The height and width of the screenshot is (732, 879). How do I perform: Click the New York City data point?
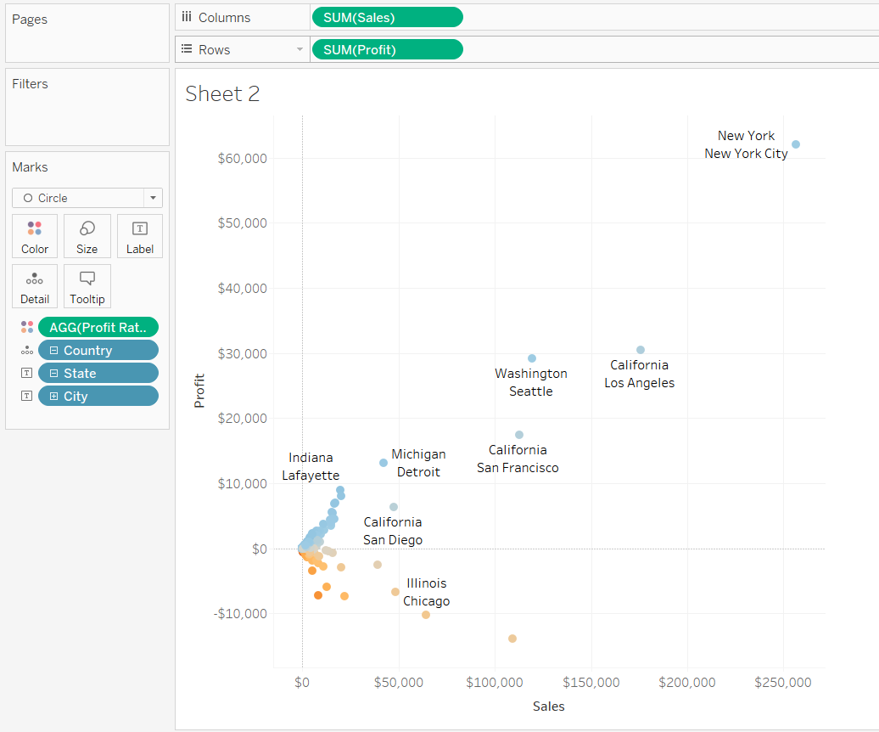click(x=796, y=144)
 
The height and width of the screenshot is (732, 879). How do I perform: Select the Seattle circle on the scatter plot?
click(x=532, y=358)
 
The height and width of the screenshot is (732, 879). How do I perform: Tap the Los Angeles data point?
click(x=641, y=350)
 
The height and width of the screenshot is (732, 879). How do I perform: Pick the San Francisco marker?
click(x=519, y=435)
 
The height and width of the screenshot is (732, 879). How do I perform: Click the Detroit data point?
click(x=384, y=463)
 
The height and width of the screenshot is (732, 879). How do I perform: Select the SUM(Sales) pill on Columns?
click(x=387, y=17)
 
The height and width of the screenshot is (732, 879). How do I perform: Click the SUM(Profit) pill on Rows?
click(x=387, y=49)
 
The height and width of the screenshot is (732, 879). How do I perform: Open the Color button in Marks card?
click(x=35, y=236)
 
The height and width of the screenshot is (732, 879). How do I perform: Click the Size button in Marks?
click(x=87, y=236)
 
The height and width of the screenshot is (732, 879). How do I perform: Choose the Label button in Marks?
click(x=140, y=236)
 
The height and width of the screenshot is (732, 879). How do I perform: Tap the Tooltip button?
click(x=87, y=286)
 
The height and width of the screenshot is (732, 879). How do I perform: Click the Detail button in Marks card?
click(x=35, y=286)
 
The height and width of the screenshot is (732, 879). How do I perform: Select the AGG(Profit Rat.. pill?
click(x=98, y=327)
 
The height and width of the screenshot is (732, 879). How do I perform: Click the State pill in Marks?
click(x=98, y=373)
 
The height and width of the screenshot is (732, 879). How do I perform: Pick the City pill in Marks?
click(x=98, y=396)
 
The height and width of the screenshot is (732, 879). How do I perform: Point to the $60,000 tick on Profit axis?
click(x=242, y=158)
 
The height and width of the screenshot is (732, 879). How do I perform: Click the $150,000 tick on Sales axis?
click(x=591, y=682)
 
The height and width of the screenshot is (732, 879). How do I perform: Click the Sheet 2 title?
click(x=222, y=93)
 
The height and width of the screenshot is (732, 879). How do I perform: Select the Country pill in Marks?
click(x=98, y=350)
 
